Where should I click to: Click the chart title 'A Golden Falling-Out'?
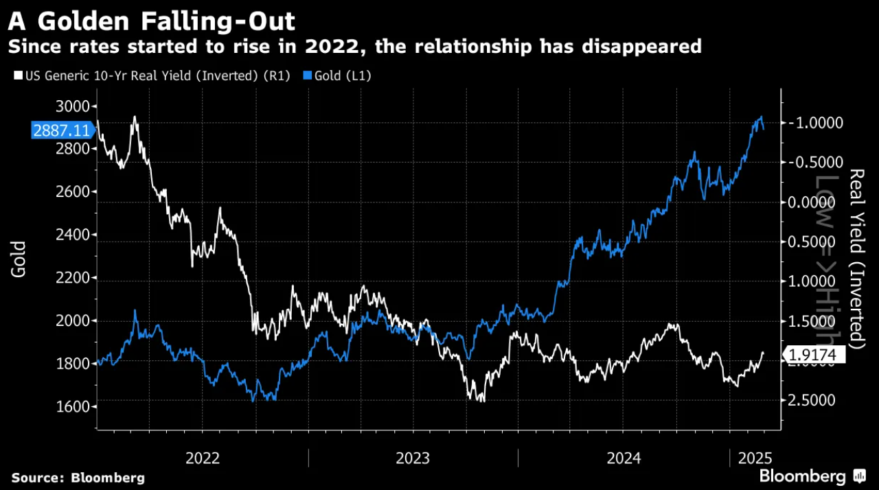coord(152,21)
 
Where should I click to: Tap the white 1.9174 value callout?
coord(815,355)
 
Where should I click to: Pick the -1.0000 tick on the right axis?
coord(815,122)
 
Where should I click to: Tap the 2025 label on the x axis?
coord(755,458)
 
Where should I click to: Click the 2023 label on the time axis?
coord(413,458)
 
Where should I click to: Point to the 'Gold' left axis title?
coord(19,259)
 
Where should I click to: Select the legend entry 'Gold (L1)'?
coord(342,76)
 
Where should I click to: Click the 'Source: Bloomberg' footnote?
coord(78,477)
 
